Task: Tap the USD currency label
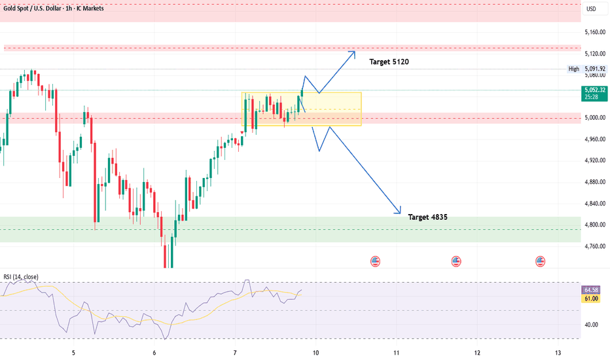(x=591, y=9)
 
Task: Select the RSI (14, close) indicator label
(x=21, y=277)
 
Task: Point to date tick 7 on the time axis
(x=235, y=352)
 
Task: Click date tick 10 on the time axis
(x=315, y=352)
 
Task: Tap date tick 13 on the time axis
(x=558, y=352)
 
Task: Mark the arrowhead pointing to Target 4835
(x=399, y=212)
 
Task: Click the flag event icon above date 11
(x=456, y=261)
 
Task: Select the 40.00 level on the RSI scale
(x=591, y=325)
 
